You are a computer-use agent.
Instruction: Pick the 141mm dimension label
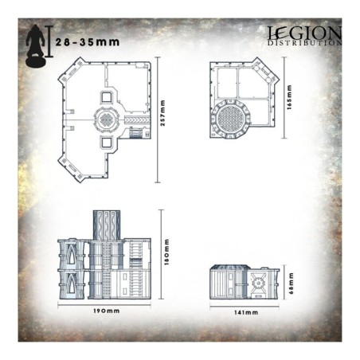tap(244, 312)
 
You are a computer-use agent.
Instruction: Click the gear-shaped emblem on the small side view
tap(259, 281)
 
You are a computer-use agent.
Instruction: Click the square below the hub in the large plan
tap(106, 143)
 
